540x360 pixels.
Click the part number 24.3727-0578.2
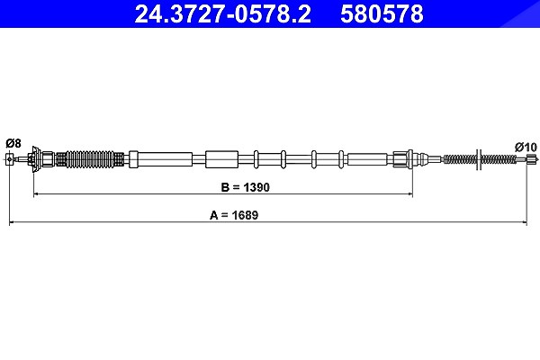(223, 13)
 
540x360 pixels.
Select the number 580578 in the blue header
(382, 13)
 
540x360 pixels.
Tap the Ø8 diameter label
(13, 143)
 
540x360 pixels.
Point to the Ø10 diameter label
(526, 147)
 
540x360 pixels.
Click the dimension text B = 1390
(245, 187)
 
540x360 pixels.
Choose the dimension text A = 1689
(234, 215)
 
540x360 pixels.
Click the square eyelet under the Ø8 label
(9, 159)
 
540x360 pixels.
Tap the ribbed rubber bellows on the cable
(90, 159)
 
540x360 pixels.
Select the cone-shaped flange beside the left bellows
(35, 159)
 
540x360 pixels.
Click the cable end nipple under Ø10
(532, 159)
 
